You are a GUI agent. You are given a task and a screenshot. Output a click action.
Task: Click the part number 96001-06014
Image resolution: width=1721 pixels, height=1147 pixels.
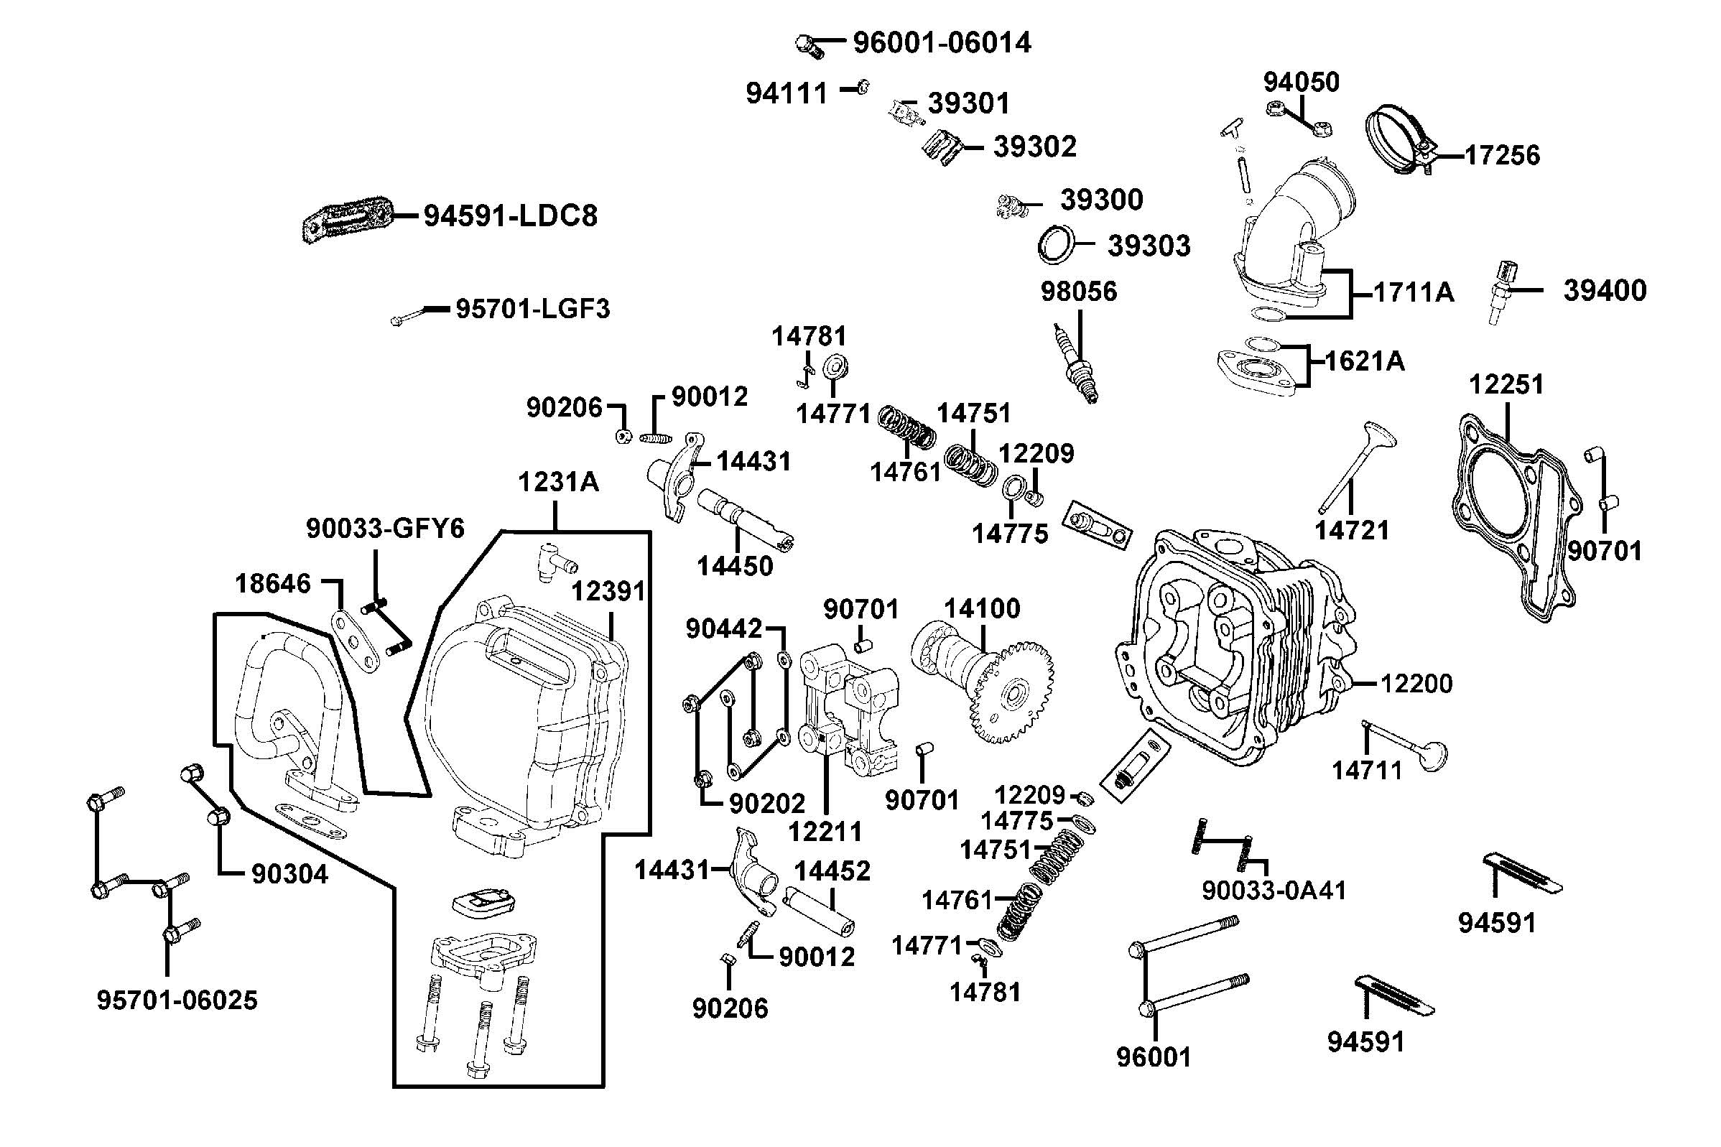coord(942,43)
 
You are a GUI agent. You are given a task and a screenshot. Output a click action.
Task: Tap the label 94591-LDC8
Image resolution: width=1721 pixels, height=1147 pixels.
coord(511,216)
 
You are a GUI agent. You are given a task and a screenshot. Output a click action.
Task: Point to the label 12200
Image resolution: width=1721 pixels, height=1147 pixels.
coord(1416,684)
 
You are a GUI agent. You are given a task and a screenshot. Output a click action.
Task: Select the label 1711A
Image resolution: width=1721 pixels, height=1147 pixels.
coord(1413,292)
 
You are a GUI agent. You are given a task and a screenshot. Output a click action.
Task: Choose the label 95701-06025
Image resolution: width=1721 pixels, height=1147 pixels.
coord(177,1000)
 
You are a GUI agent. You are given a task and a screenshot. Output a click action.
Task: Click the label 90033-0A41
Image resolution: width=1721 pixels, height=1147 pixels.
coord(1274,891)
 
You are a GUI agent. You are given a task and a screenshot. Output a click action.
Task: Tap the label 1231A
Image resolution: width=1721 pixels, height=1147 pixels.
coord(558,483)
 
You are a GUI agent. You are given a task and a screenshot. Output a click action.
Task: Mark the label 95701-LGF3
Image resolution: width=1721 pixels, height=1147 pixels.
coord(532,310)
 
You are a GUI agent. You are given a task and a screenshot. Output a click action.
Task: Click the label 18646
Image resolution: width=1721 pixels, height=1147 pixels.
coord(273,584)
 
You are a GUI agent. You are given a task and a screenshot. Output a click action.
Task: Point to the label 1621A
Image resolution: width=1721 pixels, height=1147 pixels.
coord(1365,361)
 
